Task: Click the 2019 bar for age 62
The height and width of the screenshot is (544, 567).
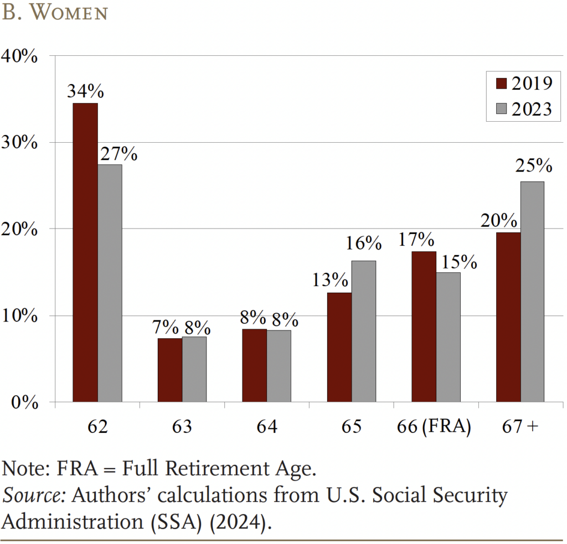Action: point(85,252)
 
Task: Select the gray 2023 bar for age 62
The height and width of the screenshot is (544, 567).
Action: point(110,283)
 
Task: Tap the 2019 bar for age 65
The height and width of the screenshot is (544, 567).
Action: point(339,347)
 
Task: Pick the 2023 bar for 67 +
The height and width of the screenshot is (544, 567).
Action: point(533,292)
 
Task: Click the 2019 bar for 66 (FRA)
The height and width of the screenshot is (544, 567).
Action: point(424,327)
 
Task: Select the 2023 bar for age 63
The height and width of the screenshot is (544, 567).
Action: point(194,369)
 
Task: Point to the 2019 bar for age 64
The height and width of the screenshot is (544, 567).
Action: point(254,365)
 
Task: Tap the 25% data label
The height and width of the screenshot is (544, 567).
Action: point(534,165)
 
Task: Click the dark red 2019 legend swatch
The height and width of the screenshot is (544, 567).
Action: point(501,84)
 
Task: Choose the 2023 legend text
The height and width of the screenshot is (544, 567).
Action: point(532,109)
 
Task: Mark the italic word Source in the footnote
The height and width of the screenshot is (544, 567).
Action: point(26,495)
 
